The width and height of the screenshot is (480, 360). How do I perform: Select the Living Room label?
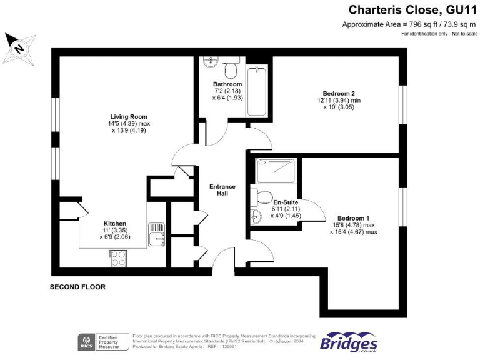click(129, 116)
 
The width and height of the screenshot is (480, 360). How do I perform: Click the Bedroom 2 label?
click(332, 93)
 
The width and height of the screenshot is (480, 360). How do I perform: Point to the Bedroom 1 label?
click(354, 218)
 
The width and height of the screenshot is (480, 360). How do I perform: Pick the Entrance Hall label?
click(222, 190)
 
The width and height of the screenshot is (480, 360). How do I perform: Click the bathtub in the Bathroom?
click(257, 92)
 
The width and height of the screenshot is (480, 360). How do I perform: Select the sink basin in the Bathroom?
click(210, 63)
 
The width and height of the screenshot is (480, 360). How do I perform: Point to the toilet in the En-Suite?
click(261, 197)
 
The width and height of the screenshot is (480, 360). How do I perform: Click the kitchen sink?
click(156, 234)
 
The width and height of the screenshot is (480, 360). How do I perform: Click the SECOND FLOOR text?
click(77, 287)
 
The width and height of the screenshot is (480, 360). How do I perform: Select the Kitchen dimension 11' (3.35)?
click(116, 231)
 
